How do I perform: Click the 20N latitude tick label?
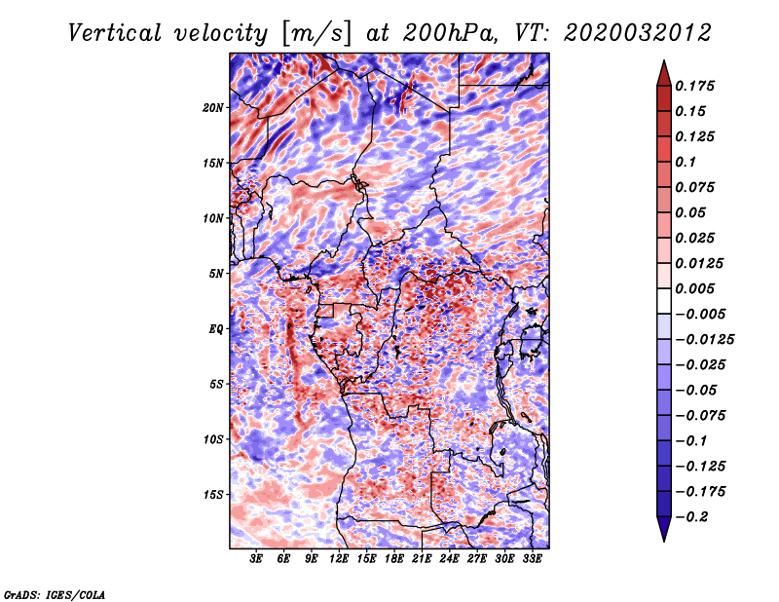coord(214,107)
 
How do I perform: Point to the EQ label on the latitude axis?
coord(217,329)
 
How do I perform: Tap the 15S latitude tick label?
coord(214,495)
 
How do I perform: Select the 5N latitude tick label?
coord(217,274)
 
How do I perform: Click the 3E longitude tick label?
coord(257,559)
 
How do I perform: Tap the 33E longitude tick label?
coord(533,559)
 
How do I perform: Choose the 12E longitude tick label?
coord(340,559)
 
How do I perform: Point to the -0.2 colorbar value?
coord(695,517)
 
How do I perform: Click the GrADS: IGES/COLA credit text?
coord(55,593)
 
